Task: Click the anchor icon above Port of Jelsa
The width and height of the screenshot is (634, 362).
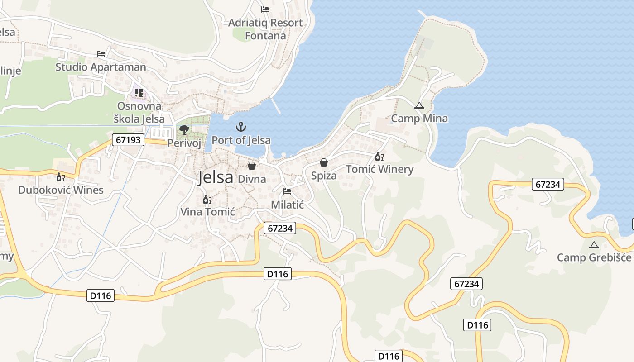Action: tap(241, 127)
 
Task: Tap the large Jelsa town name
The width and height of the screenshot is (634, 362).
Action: tap(216, 177)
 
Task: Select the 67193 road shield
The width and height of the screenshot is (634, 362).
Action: tap(128, 140)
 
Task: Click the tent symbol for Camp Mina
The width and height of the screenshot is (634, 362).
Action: tap(419, 106)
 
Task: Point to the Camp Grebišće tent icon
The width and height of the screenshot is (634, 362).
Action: tap(594, 245)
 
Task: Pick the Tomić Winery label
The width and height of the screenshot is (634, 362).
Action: tap(379, 169)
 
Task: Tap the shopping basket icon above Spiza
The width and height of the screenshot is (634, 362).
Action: tap(324, 162)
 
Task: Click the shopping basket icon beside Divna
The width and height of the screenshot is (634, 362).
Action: tap(252, 166)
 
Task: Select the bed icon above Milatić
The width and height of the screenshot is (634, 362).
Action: tap(287, 191)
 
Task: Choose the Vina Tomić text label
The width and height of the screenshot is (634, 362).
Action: tap(207, 211)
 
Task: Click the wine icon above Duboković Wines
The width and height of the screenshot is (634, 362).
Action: tap(60, 177)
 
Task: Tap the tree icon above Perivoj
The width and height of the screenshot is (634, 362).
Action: tap(184, 130)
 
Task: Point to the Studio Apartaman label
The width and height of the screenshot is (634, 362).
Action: tap(101, 67)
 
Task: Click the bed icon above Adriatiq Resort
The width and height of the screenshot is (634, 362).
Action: tap(265, 10)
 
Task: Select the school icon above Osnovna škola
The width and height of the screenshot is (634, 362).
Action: tap(139, 93)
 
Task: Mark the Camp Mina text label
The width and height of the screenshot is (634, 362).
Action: tap(419, 119)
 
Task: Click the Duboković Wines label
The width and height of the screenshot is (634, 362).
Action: tap(61, 190)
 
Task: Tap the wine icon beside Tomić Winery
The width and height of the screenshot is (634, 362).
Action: tap(379, 157)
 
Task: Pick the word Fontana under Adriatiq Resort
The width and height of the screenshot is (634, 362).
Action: tap(265, 36)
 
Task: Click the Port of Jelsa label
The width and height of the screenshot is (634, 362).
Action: tap(241, 140)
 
